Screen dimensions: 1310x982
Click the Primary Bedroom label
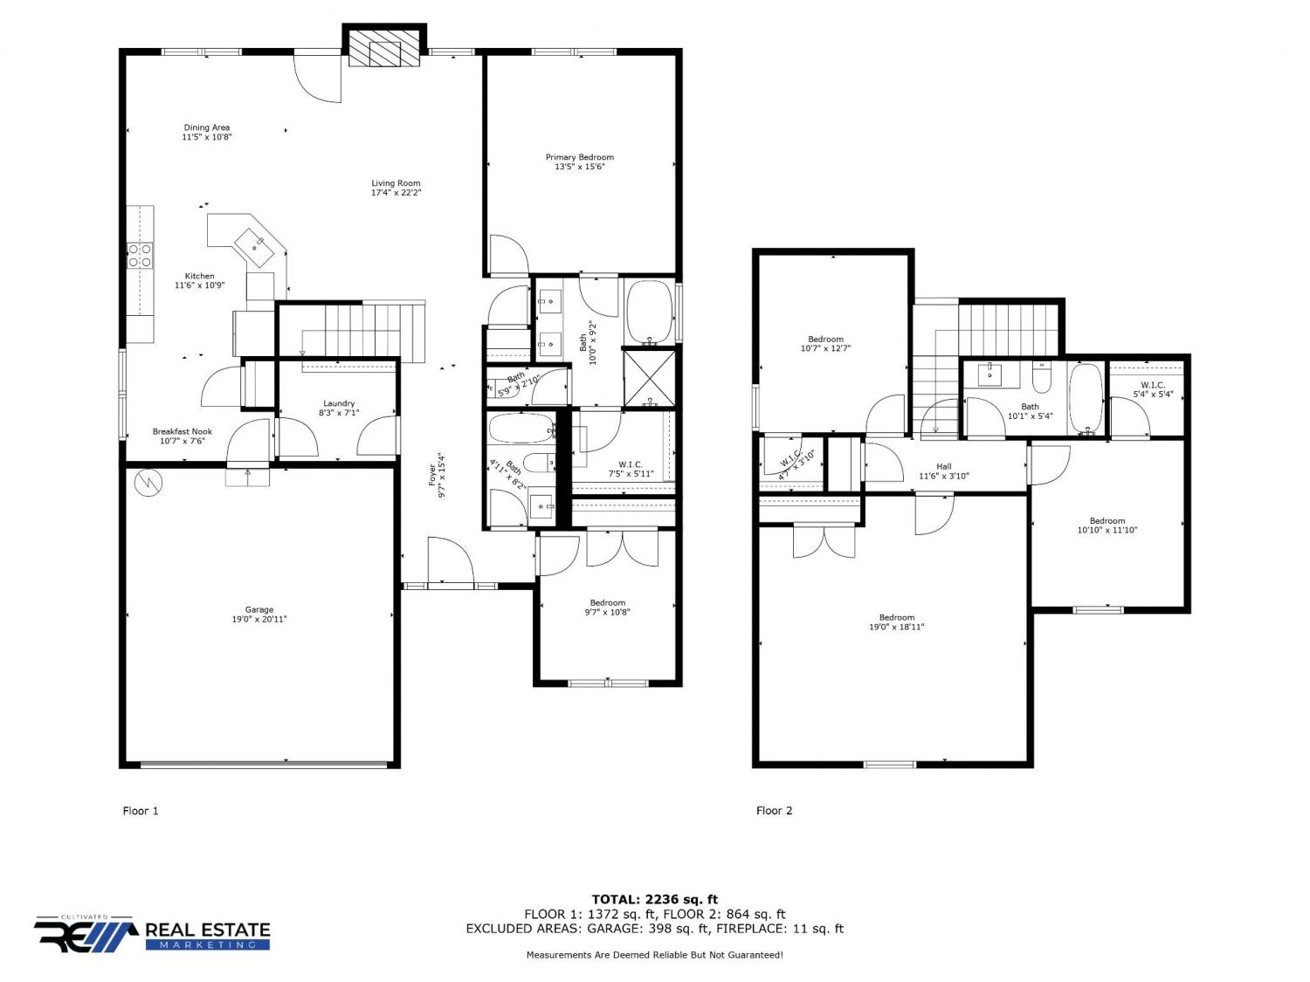579,157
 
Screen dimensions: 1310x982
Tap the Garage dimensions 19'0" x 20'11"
259,619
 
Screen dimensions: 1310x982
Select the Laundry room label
338,403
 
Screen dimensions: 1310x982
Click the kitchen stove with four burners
140,256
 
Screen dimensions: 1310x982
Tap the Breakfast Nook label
182,431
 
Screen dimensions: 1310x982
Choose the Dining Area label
206,127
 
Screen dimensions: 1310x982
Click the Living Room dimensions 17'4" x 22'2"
396,193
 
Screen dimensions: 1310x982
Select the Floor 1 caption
141,810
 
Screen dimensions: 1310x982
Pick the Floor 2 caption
774,810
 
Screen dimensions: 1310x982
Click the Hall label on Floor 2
943,466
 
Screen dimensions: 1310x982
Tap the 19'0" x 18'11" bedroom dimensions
896,627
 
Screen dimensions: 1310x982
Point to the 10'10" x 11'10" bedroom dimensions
1107,530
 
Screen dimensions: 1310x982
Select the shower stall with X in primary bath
650,378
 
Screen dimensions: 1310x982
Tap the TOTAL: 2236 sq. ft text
655,899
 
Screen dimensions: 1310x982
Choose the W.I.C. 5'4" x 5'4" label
1153,389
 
